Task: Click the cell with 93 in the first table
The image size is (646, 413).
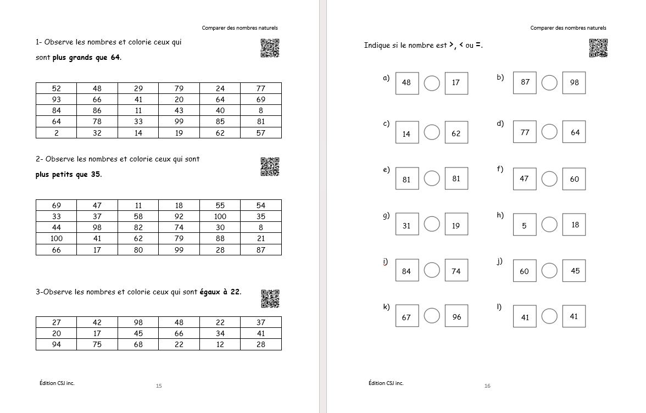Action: click(57, 99)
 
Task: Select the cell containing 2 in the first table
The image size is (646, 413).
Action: click(57, 132)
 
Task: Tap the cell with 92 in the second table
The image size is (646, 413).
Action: click(179, 216)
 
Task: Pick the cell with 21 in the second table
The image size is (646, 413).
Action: click(260, 238)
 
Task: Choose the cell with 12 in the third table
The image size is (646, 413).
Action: click(220, 344)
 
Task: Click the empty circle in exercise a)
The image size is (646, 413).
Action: click(432, 83)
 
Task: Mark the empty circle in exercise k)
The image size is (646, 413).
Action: click(432, 316)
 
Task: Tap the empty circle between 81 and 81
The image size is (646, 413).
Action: click(432, 178)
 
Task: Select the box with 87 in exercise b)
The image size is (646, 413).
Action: click(525, 82)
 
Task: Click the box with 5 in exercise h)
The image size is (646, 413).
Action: click(525, 225)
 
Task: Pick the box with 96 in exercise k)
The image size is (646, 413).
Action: click(456, 316)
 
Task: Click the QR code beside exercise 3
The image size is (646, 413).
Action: click(270, 299)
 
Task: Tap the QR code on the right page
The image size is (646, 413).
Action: click(598, 48)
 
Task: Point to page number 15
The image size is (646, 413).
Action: click(159, 386)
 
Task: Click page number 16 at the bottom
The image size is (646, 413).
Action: click(487, 386)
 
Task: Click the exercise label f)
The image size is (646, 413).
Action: click(500, 169)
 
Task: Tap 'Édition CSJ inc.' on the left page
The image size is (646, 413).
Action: click(57, 383)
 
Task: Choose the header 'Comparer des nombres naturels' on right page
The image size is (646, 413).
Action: click(568, 28)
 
